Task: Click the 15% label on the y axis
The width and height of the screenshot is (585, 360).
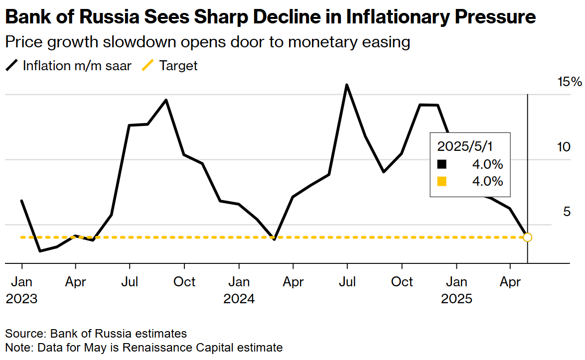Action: tap(569, 81)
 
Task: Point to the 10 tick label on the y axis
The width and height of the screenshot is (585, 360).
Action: tap(563, 147)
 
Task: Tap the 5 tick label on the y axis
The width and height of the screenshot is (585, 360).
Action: tap(567, 212)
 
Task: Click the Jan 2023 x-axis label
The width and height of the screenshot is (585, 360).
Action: tap(22, 290)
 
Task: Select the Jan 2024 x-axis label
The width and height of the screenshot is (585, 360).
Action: tap(239, 290)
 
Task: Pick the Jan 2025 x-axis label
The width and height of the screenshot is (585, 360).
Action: tap(456, 290)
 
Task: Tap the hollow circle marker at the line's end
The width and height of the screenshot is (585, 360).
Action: tap(528, 237)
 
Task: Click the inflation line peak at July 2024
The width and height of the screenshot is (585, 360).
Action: tap(347, 85)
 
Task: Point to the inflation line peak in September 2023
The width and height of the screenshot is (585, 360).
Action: tap(166, 100)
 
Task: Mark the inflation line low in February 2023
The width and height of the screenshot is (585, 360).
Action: tap(40, 250)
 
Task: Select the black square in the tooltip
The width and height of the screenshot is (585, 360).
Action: tap(441, 164)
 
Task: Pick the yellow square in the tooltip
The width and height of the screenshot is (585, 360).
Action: tap(441, 181)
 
